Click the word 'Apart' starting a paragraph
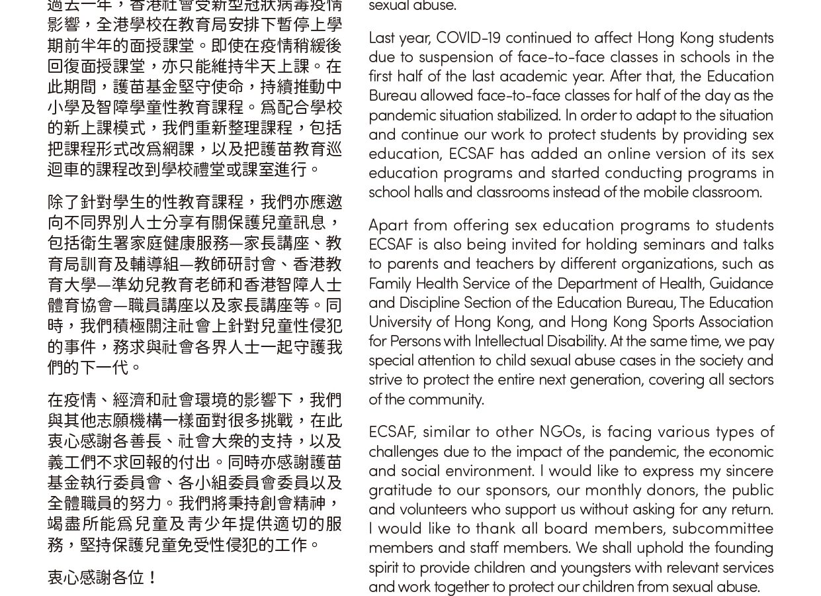tap(389, 225)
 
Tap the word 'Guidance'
tap(741, 283)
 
